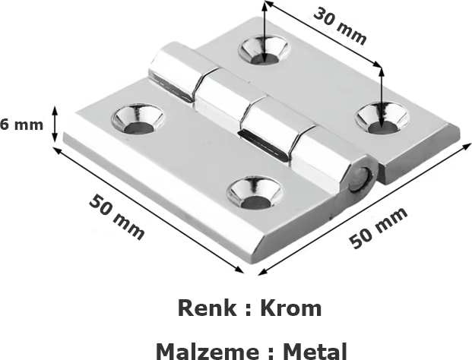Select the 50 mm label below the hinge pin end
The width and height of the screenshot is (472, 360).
[379, 228]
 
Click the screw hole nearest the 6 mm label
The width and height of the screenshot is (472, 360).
[138, 118]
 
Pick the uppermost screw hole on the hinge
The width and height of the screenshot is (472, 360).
[264, 50]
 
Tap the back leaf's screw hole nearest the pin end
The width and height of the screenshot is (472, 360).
[382, 116]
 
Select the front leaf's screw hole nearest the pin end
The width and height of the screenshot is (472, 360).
[255, 192]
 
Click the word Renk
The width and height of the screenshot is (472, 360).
[204, 308]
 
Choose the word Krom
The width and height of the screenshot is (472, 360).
[290, 308]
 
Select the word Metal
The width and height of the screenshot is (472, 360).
[315, 350]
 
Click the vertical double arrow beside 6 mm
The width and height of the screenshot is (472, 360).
[55, 124]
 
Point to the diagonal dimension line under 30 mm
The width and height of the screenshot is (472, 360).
[322, 38]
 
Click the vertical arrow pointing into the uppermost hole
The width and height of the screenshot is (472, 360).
[264, 27]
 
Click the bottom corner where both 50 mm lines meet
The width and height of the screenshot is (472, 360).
[246, 270]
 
